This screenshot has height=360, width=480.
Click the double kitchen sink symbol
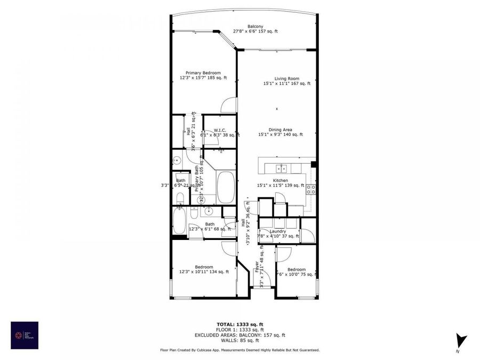[281, 169]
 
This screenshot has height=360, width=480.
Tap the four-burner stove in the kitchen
[311, 188]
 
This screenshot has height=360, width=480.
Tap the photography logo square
[25, 335]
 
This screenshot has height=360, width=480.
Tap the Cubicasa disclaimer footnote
[239, 350]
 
